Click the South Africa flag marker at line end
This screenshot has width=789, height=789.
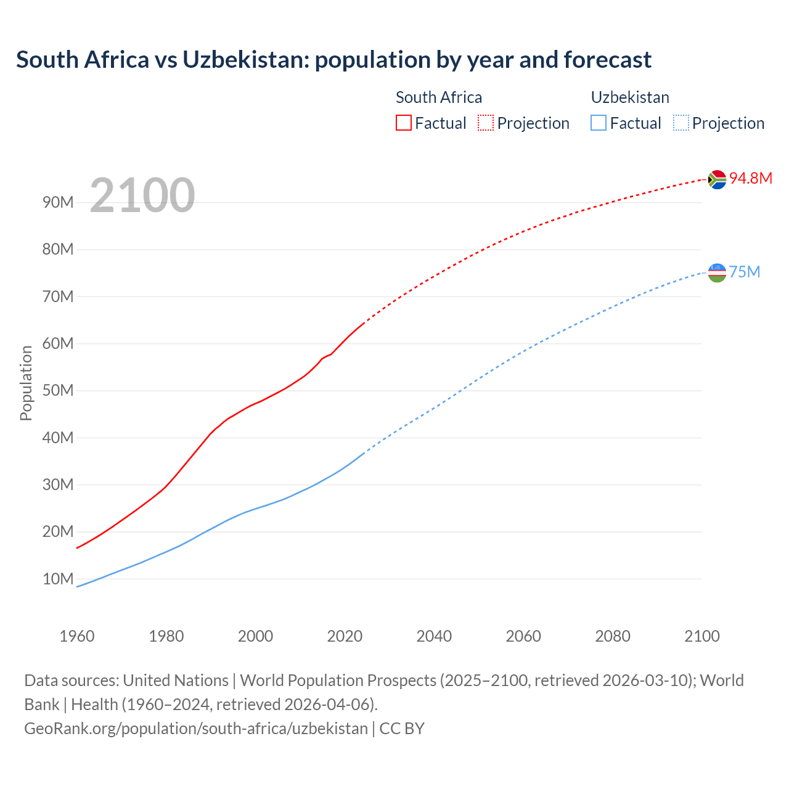point(717,179)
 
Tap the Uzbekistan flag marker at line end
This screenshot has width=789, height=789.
point(717,272)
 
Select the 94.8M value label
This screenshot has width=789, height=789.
point(750,178)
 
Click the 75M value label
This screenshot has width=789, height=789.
point(745,272)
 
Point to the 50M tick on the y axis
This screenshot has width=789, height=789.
point(58,390)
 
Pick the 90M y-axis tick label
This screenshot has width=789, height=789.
point(58,202)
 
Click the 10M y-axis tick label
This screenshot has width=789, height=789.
point(58,579)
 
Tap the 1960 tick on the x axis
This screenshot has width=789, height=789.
point(77,636)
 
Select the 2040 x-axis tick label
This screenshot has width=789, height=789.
point(434,636)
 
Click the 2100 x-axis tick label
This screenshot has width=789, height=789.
point(701,636)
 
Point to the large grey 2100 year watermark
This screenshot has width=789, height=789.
point(142,195)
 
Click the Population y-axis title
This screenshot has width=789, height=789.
point(26,383)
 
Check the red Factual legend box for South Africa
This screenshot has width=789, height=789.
point(403,123)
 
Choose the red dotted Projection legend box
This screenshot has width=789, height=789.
point(485,123)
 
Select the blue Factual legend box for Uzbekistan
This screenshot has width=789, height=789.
point(598,123)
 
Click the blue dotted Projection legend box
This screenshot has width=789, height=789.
point(681,123)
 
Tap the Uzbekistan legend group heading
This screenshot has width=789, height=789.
point(629,97)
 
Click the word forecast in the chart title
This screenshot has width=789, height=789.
point(607,60)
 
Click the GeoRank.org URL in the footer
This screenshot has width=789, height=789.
point(196,728)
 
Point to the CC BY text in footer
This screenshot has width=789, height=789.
point(402,728)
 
